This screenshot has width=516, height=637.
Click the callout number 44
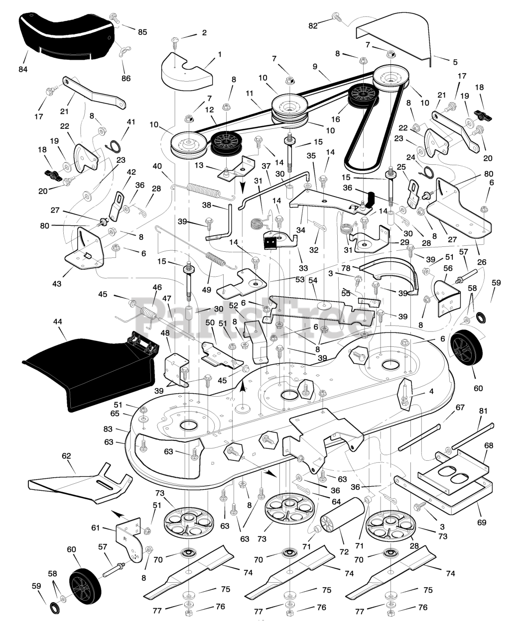[58, 322]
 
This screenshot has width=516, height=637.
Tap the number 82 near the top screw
[313, 25]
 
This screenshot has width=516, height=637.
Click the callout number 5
[455, 62]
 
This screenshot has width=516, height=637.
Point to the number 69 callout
[482, 523]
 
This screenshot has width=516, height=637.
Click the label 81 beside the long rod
[484, 411]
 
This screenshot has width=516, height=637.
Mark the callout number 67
[460, 407]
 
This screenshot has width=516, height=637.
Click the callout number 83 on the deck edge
[122, 429]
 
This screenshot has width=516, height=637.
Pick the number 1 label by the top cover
[220, 54]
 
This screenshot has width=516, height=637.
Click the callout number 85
[142, 32]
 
